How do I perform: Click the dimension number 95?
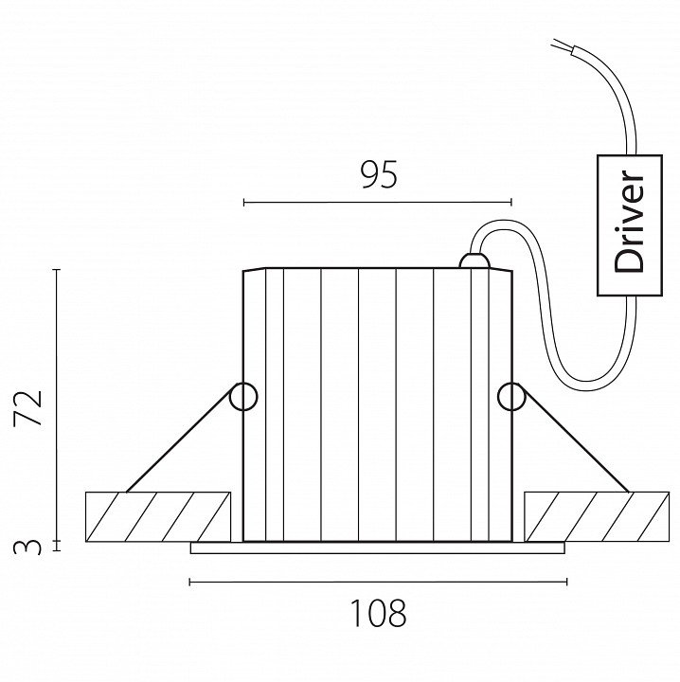coord(378,174)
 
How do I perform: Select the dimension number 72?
coord(30,407)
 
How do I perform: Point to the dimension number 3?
coord(31,546)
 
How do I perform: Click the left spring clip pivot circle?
coord(243,396)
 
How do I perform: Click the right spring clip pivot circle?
coord(511,396)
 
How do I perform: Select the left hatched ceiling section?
coord(158,516)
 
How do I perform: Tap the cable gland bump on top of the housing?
coord(471,261)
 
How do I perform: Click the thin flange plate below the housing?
coord(378,547)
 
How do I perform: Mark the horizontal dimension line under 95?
coord(378,202)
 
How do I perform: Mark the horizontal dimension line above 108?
coord(378,582)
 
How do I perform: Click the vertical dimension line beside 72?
coord(58,407)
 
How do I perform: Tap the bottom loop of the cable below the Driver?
coord(587,384)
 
